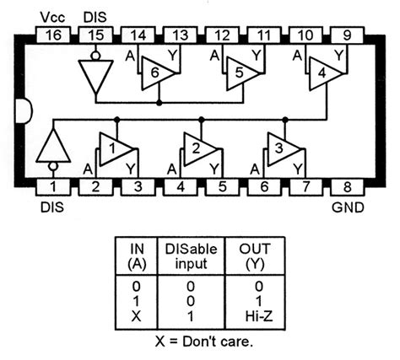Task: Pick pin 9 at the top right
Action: point(347,35)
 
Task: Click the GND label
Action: point(345,205)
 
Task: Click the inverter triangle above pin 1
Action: point(52,148)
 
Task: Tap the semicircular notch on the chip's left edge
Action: point(22,110)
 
